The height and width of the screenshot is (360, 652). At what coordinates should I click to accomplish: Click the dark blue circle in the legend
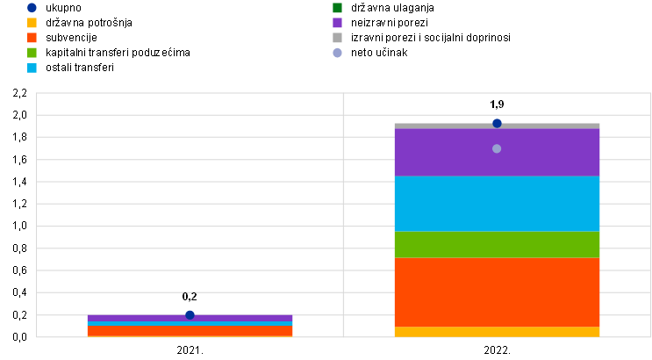(32, 8)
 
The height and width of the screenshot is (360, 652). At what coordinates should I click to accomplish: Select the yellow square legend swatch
(32, 23)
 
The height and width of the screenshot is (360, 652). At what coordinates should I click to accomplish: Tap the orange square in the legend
(32, 38)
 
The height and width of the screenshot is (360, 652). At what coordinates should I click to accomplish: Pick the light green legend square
(32, 53)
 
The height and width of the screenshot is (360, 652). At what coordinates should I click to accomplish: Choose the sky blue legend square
(32, 68)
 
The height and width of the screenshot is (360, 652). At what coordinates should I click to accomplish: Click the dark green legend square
(337, 8)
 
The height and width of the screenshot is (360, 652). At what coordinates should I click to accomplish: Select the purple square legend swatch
(337, 23)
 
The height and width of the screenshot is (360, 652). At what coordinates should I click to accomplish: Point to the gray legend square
(337, 38)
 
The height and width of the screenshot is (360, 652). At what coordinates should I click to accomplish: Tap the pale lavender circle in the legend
(337, 53)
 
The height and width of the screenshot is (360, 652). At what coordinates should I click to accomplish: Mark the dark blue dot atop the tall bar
(497, 123)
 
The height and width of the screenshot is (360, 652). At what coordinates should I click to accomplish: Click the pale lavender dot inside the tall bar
(497, 148)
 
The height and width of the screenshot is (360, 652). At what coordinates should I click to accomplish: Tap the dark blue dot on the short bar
(190, 315)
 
